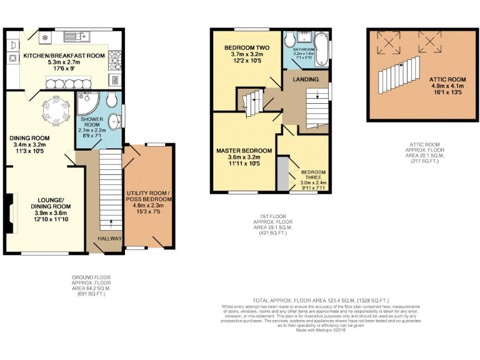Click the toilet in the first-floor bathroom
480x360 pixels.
tap(289, 40)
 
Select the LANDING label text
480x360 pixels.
tap(306, 79)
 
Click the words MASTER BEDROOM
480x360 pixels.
tap(244, 151)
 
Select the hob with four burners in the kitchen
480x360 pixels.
tap(116, 59)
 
